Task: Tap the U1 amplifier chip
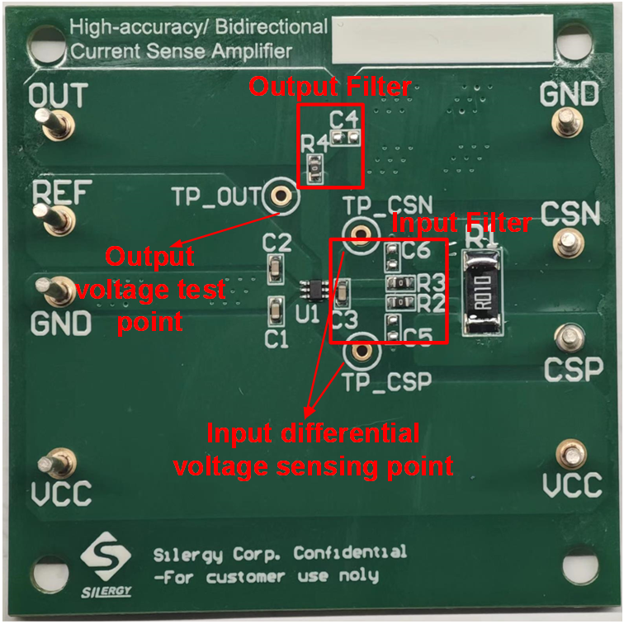[312, 290]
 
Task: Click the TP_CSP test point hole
[360, 352]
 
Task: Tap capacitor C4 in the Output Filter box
[346, 135]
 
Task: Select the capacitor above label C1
[275, 310]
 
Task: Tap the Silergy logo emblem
[105, 558]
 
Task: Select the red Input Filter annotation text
[461, 222]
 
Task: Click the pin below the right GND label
[566, 124]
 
